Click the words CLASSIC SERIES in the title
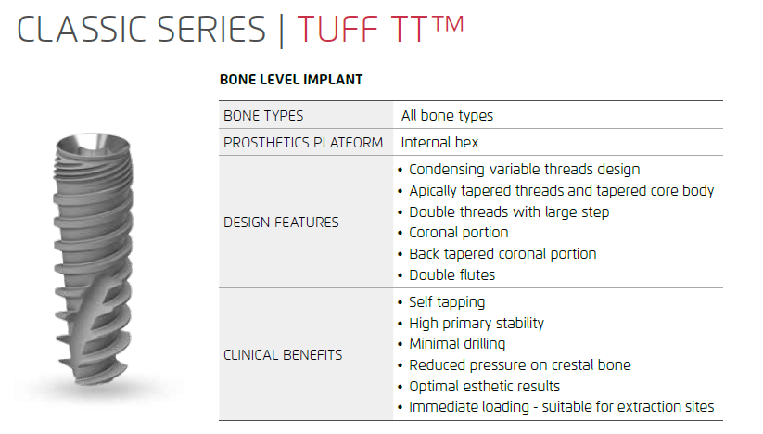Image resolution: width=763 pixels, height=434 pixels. (142, 29)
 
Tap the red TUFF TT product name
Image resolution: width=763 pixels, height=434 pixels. (362, 29)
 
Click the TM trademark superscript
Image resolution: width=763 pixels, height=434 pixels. (448, 24)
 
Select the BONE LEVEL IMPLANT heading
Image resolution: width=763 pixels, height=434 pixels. (291, 80)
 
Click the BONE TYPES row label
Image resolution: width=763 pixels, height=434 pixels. (263, 116)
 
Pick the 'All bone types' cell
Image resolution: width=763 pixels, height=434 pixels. (447, 116)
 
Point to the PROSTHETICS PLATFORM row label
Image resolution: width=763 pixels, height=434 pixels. (303, 143)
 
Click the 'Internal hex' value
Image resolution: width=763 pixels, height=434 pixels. (439, 143)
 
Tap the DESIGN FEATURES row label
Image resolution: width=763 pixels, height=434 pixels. (281, 223)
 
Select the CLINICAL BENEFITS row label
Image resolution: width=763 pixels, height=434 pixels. (283, 355)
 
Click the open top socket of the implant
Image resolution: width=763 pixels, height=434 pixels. (94, 142)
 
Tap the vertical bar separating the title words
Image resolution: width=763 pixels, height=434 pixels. (281, 31)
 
